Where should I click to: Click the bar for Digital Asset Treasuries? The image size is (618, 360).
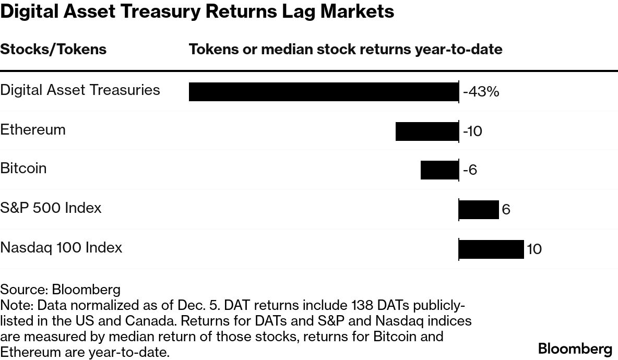pos(323,92)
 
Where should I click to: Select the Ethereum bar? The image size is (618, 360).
pos(426,131)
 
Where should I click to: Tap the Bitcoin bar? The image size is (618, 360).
pos(439,170)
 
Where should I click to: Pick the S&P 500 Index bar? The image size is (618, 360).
pos(479,210)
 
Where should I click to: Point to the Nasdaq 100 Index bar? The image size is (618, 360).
pos(491,249)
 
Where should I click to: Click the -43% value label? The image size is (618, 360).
pos(481,92)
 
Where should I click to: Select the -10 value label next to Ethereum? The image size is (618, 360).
pos(472,131)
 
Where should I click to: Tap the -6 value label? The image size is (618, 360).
pos(470,171)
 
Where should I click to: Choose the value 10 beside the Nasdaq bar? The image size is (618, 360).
pos(534,249)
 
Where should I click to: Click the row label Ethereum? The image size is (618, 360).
pos(33,129)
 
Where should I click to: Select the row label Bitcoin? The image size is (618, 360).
pos(23,169)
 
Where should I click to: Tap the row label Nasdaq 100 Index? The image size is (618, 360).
pos(61,247)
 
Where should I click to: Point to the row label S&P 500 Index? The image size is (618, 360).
pos(51,208)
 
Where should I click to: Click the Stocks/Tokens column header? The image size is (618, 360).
pos(53,50)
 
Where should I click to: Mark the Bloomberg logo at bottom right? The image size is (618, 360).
pos(575,349)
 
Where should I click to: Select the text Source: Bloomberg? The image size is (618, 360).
pos(60,290)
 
